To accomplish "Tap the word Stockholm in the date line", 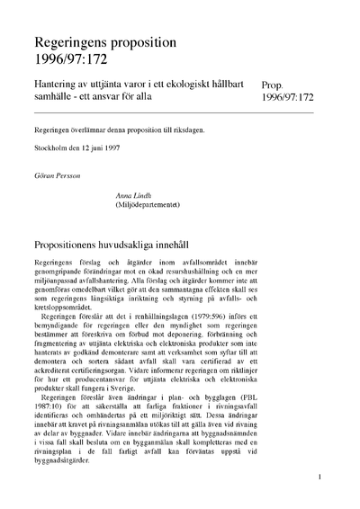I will [x=51, y=148].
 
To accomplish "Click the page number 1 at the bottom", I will [x=319, y=492].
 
